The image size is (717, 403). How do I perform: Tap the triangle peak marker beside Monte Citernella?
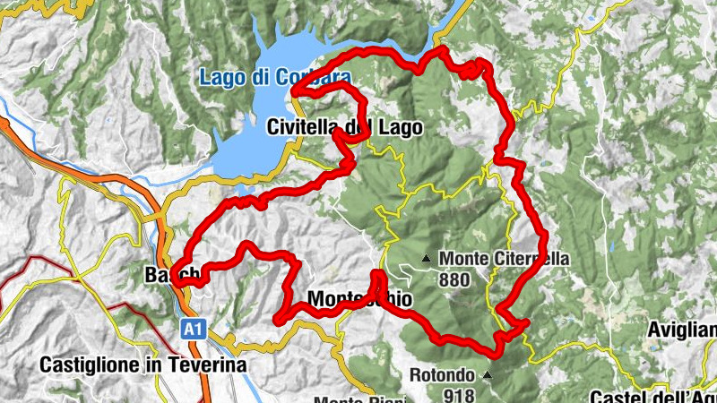(426, 261)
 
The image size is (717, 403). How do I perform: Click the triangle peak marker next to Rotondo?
(488, 374)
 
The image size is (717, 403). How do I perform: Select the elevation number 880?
(454, 279)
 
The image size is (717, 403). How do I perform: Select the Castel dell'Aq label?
(653, 395)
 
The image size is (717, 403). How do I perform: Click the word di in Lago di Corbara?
(260, 79)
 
